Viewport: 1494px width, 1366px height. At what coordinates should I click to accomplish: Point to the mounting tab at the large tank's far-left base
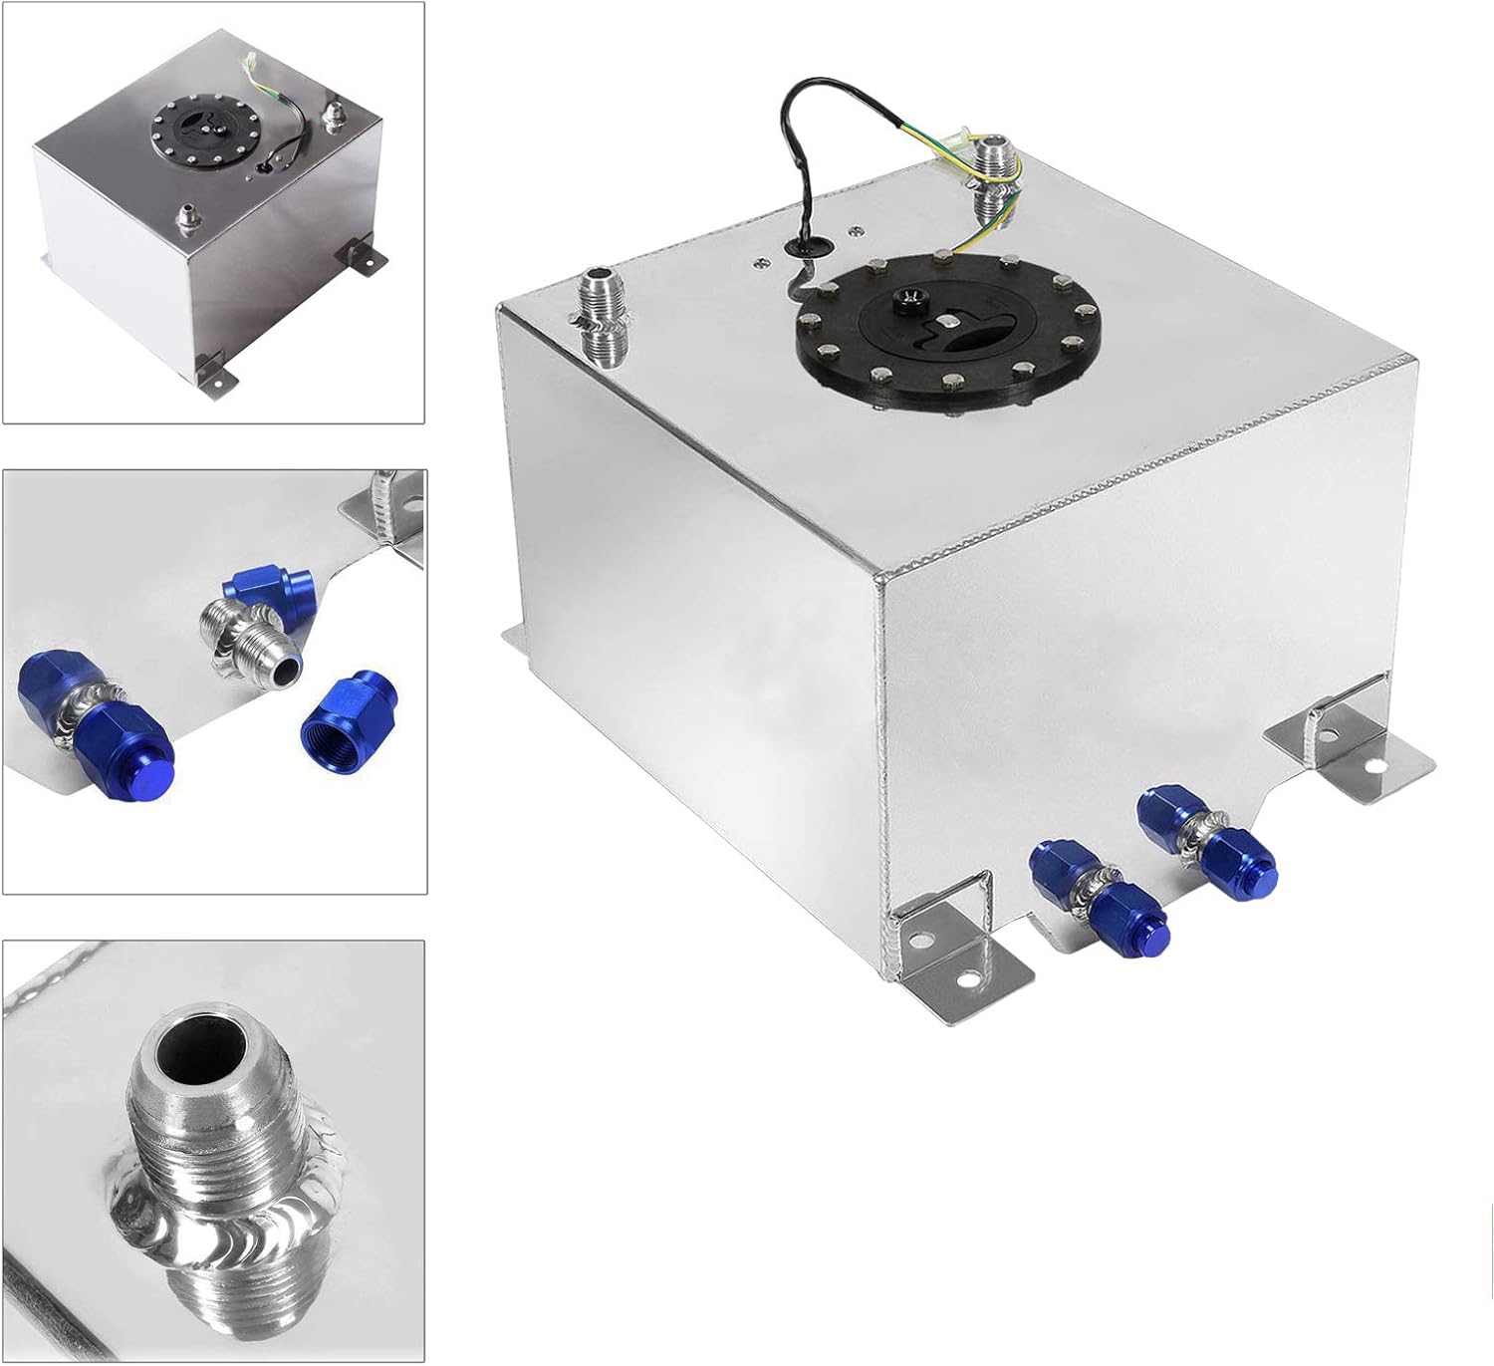coord(517,638)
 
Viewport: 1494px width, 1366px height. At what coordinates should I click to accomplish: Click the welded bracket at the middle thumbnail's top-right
coord(387,509)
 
